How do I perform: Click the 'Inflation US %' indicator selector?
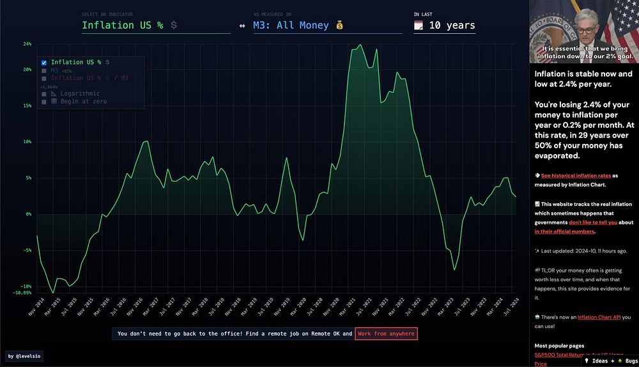point(122,26)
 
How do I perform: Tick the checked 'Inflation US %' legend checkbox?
point(44,63)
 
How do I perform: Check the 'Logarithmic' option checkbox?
point(44,94)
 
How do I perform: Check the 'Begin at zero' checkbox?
point(44,102)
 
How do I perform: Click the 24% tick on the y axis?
point(27,44)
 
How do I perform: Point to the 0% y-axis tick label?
point(28,214)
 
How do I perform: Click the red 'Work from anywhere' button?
point(386,334)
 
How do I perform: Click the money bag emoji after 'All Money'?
point(339,26)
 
